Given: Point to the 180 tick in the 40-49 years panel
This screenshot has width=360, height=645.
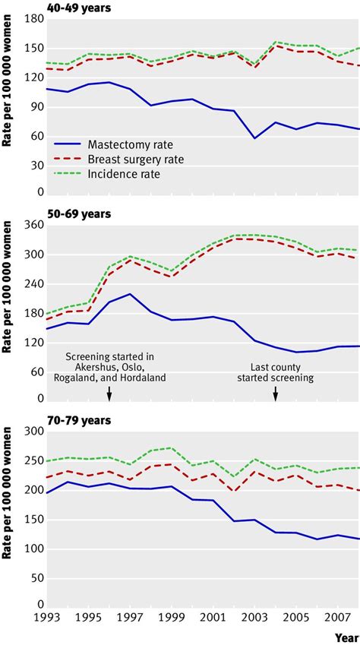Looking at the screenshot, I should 33,20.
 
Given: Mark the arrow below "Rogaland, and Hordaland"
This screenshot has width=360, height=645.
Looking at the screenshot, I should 109,393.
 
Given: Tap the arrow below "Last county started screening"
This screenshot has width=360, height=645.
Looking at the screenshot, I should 276,393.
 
